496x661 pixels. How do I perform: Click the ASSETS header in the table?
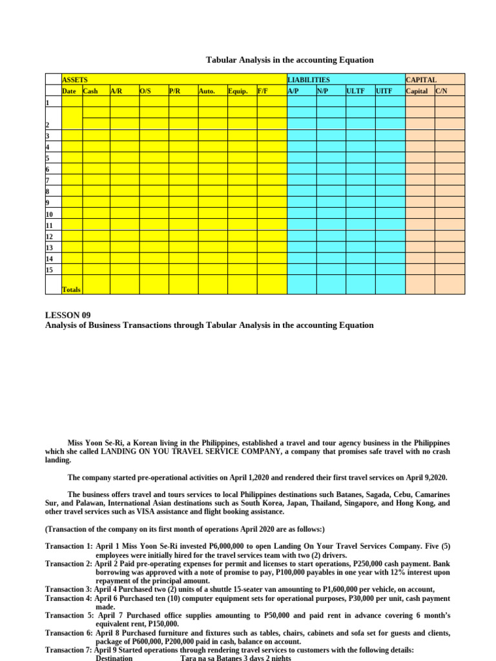(x=75, y=79)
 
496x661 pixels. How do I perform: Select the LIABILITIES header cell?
(x=309, y=79)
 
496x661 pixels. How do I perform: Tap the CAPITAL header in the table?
(x=421, y=79)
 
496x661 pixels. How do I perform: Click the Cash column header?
(x=90, y=91)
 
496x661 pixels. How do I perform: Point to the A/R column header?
(x=116, y=91)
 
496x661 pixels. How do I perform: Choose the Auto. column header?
(x=207, y=91)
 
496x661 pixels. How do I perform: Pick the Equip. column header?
(x=238, y=91)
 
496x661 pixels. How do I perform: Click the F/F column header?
(x=263, y=91)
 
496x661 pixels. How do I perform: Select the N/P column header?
(x=322, y=91)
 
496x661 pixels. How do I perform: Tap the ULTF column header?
(x=356, y=91)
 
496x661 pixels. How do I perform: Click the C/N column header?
(x=442, y=91)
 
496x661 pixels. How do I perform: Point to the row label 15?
(x=50, y=269)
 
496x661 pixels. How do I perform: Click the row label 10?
(x=50, y=214)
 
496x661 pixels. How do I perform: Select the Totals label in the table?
(x=72, y=290)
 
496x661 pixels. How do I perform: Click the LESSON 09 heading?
(x=68, y=315)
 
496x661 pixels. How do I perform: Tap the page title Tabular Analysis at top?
(x=289, y=60)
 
